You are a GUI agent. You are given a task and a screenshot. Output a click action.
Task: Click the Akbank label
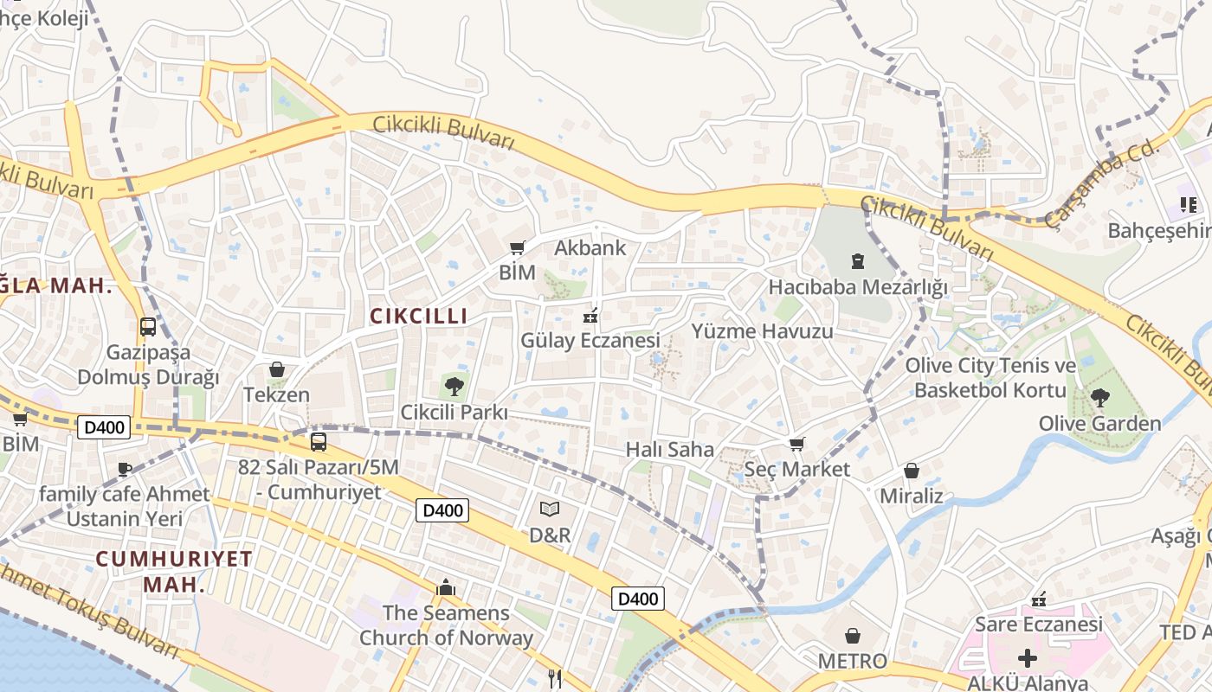[x=590, y=248]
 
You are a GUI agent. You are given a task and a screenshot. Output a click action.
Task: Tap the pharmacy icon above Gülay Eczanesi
[x=592, y=316]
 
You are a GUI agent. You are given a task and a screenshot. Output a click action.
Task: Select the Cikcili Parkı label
[x=454, y=413]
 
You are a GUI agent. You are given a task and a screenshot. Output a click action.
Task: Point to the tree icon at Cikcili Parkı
[x=454, y=386]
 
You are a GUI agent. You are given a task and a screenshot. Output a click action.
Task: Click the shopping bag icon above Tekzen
[x=277, y=369]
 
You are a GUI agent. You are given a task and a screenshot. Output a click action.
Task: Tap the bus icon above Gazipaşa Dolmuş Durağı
[x=148, y=327]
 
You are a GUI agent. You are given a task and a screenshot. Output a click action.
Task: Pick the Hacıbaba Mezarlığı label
[x=858, y=286]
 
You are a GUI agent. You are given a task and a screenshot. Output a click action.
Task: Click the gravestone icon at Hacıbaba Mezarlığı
[x=858, y=260]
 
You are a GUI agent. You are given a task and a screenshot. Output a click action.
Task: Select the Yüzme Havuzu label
[x=762, y=331]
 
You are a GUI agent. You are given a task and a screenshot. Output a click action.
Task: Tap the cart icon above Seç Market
[x=797, y=444]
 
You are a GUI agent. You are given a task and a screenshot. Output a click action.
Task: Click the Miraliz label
[x=911, y=497]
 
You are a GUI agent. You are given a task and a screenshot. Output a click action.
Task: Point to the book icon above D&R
[x=550, y=509]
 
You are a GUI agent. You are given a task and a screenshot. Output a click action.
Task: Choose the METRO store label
[x=853, y=661]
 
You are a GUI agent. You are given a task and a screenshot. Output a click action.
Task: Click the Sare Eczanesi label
[x=1039, y=624]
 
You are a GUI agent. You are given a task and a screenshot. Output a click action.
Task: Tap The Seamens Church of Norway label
[x=446, y=625]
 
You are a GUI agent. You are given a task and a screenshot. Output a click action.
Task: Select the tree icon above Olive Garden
[x=1099, y=398]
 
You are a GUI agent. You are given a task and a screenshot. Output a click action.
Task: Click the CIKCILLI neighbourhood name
[x=419, y=317]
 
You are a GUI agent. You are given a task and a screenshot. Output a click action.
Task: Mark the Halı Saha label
[x=670, y=449]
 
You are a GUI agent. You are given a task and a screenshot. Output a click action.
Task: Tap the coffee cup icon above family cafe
[x=125, y=469]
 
